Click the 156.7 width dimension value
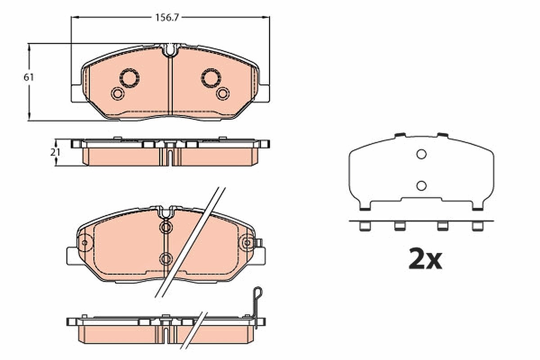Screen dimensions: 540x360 167,18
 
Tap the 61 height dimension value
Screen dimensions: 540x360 29,77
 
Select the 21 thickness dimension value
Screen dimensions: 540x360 55,153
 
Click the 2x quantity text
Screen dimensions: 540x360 425,261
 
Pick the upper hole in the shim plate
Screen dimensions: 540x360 421,154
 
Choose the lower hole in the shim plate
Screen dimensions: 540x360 421,186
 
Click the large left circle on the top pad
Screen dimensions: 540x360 130,78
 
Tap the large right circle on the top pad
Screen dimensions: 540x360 211,78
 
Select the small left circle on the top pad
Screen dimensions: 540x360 117,94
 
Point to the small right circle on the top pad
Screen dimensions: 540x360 223,94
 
